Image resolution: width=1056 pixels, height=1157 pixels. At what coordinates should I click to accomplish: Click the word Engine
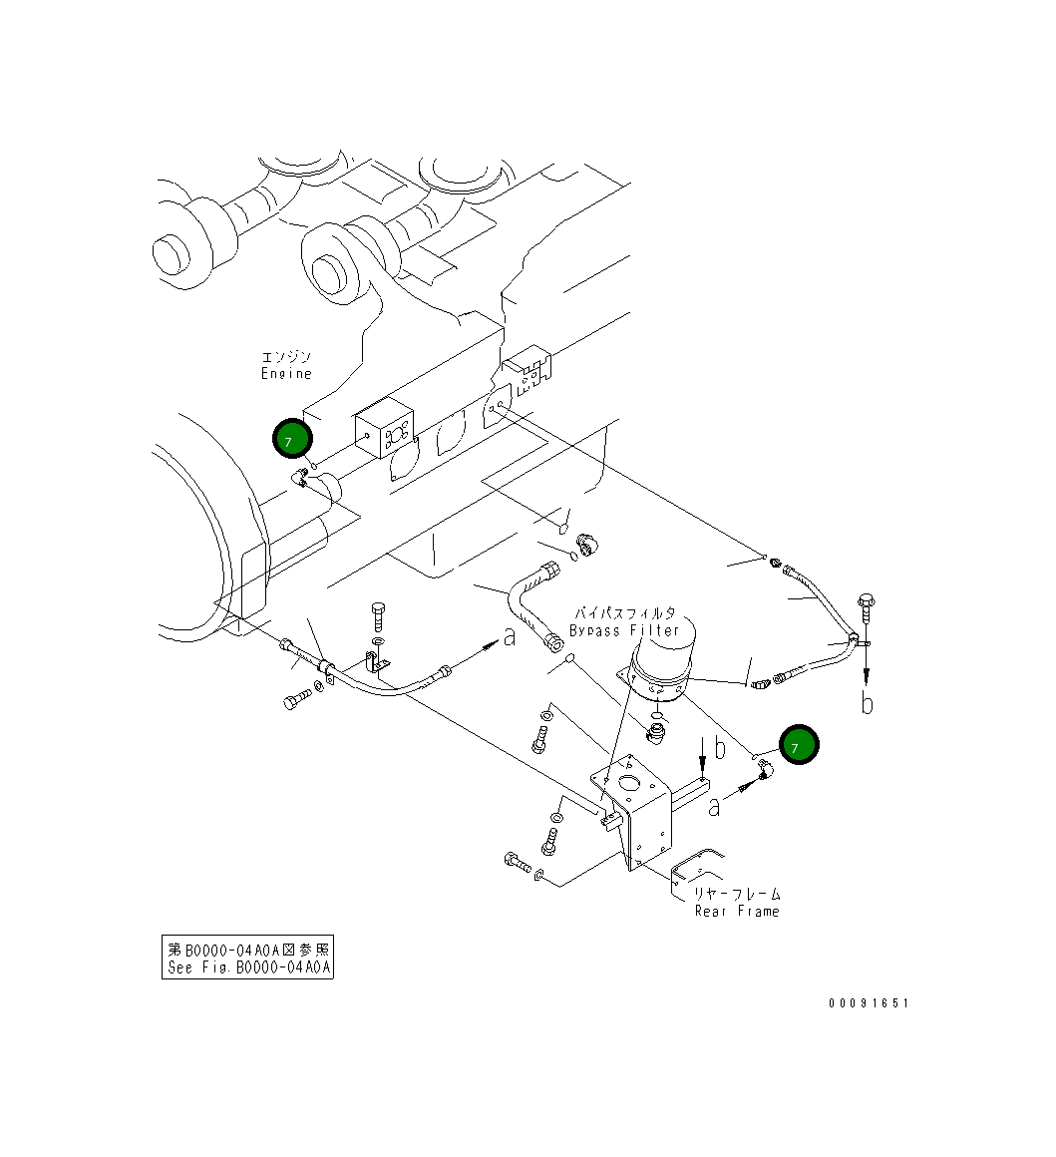[286, 374]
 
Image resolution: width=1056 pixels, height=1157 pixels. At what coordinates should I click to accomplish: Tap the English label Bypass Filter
[624, 630]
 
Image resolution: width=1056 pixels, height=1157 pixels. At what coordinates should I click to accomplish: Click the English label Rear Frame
[737, 911]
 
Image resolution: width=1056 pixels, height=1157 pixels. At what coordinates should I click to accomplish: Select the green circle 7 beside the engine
[292, 439]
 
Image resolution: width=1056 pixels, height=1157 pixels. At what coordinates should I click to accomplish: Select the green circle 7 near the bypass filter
[798, 746]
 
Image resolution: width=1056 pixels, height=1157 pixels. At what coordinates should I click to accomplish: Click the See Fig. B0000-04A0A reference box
[247, 958]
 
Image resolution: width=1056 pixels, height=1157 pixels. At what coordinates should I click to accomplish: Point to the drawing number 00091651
[868, 1003]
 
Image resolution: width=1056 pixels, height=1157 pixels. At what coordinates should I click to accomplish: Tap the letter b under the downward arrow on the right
[868, 704]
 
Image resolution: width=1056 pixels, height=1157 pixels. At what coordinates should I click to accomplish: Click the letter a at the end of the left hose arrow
[510, 636]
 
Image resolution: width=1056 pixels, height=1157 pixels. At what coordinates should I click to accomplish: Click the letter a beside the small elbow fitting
[714, 806]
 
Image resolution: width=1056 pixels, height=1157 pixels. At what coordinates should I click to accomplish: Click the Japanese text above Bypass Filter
[624, 612]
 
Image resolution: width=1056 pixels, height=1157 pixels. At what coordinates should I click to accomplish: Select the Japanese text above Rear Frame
[737, 894]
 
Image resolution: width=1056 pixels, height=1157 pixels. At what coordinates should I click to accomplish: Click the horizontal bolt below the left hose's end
[298, 701]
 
